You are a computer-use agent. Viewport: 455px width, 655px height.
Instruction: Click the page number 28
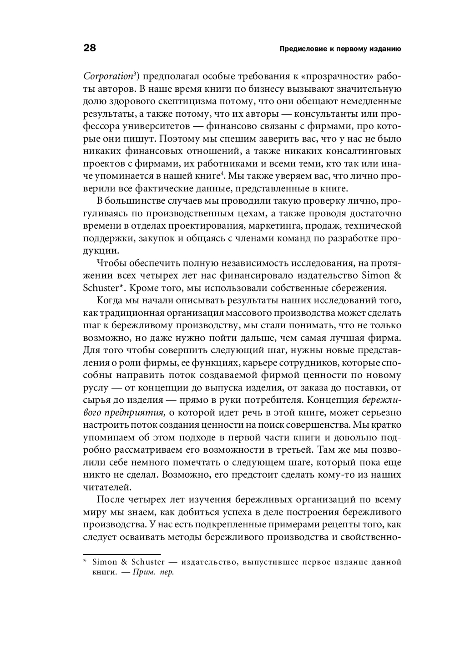90,48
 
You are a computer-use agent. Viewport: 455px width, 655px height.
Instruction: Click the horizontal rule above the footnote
122,555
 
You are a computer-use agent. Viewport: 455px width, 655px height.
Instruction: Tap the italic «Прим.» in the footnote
142,572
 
